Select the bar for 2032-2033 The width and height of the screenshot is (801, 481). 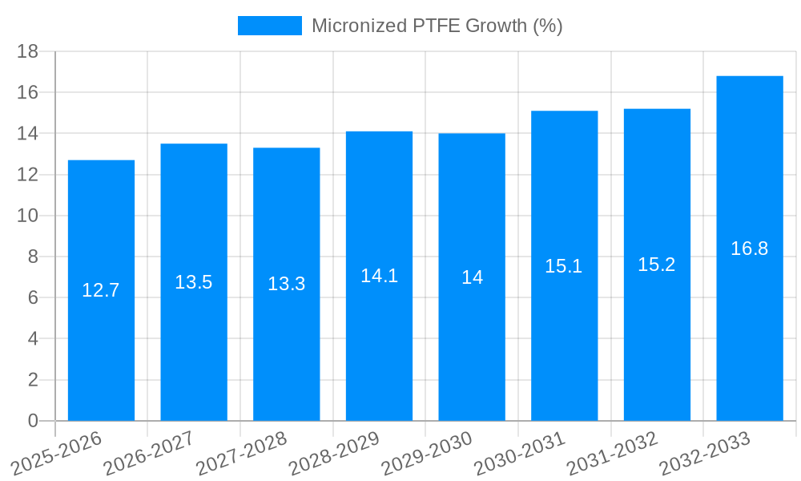pyautogui.click(x=750, y=337)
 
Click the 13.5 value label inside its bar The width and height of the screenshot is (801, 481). pyautogui.click(x=194, y=282)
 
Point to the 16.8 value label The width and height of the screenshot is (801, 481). pyautogui.click(x=750, y=249)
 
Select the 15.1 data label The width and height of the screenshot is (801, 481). pyautogui.click(x=564, y=266)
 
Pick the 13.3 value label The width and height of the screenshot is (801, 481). pyautogui.click(x=287, y=284)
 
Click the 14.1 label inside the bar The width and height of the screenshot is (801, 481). pyautogui.click(x=379, y=276)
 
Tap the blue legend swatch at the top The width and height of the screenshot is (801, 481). pyautogui.click(x=270, y=26)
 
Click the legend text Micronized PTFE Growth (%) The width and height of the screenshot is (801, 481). pyautogui.click(x=437, y=26)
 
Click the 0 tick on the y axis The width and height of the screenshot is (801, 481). pyautogui.click(x=33, y=421)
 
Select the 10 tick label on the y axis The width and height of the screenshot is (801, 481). pyautogui.click(x=28, y=216)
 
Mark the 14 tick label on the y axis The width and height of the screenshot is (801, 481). pyautogui.click(x=28, y=134)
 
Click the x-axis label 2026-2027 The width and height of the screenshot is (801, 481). pyautogui.click(x=149, y=454)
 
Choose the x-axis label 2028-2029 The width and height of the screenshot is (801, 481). pyautogui.click(x=334, y=454)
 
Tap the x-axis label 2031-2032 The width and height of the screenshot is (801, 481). pyautogui.click(x=612, y=454)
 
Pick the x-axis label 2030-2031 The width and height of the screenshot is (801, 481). pyautogui.click(x=519, y=454)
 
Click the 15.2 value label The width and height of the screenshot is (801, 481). pyautogui.click(x=657, y=265)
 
